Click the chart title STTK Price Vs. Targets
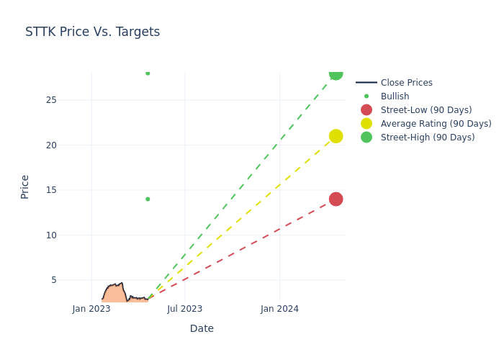click(x=92, y=32)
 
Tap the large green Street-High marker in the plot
click(x=336, y=73)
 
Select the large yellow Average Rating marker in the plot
click(x=336, y=136)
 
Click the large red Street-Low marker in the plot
click(x=336, y=199)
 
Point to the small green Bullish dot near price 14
click(x=148, y=199)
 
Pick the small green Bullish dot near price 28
click(x=148, y=73)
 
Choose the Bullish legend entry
click(x=395, y=96)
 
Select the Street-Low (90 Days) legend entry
click(x=426, y=110)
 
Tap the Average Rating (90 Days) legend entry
click(x=436, y=124)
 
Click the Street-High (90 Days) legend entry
click(x=427, y=138)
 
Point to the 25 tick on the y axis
click(x=51, y=100)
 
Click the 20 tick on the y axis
click(x=51, y=145)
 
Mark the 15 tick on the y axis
click(x=51, y=190)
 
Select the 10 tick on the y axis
click(x=51, y=235)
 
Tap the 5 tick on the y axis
click(x=53, y=280)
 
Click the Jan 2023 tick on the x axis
click(x=91, y=309)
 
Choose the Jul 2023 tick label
click(x=185, y=309)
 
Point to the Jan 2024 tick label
click(x=279, y=309)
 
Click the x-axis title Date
click(x=202, y=328)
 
